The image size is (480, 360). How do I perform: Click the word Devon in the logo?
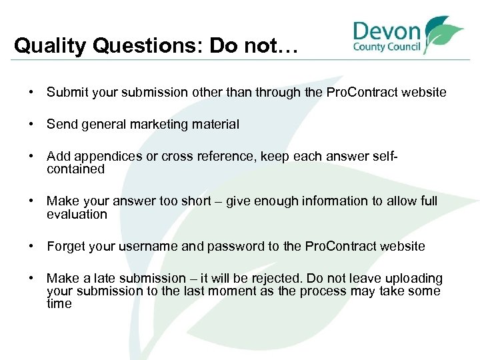coord(387,31)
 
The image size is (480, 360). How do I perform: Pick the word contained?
coord(76,169)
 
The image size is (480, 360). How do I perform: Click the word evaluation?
coord(77,215)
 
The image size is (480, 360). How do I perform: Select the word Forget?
coord(65,247)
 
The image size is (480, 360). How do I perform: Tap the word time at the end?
coord(59,303)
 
